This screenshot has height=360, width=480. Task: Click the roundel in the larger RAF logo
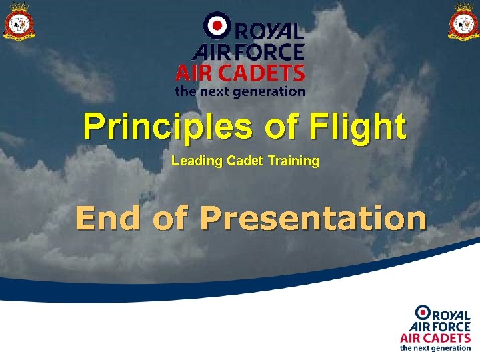click(x=215, y=26)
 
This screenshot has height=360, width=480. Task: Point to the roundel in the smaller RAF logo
click(x=423, y=312)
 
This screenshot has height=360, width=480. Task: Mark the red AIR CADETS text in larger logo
click(x=240, y=72)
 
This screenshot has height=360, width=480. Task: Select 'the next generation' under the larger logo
click(x=240, y=91)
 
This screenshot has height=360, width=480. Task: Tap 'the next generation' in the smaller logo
click(x=435, y=348)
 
